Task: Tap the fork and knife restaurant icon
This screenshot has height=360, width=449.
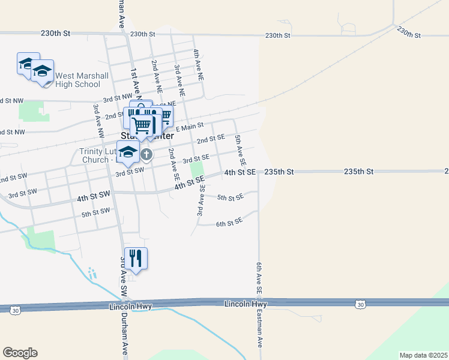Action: coord(136,259)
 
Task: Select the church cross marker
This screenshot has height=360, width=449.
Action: coord(146,155)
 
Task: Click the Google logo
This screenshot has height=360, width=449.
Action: coord(20,353)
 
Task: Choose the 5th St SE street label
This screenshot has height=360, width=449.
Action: coord(230,197)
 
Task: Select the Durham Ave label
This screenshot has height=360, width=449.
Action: coord(125,336)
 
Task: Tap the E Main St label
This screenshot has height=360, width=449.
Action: coord(190,127)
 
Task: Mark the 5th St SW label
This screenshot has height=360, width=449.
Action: coord(96,212)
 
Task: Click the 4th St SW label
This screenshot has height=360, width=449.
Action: coord(94,195)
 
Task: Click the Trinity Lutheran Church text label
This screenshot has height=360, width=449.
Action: coord(96,155)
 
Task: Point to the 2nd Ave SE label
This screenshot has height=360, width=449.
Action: coord(173,164)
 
